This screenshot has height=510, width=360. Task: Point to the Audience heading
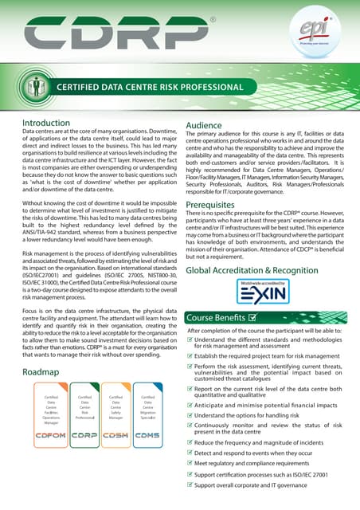pos(209,126)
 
